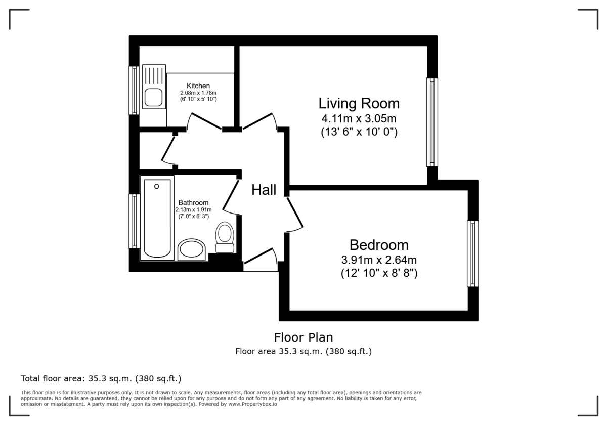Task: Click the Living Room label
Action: (x=359, y=104)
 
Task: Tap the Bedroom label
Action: (x=379, y=245)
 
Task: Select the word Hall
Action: (x=264, y=190)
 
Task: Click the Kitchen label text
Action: (x=198, y=86)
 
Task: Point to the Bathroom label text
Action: (x=193, y=203)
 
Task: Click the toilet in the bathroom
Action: (x=225, y=237)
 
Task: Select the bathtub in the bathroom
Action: (x=157, y=218)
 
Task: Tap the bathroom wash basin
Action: (x=192, y=249)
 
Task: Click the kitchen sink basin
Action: (x=153, y=97)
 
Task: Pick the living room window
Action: (x=432, y=122)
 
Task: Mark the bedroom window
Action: (x=472, y=253)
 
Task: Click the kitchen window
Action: (x=134, y=90)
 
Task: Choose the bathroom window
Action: (x=134, y=221)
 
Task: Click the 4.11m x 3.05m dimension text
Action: (x=359, y=119)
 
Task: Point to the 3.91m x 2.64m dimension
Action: (x=379, y=260)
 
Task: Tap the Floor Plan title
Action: (x=303, y=337)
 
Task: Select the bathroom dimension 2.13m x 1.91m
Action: (x=193, y=210)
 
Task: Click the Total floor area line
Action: (x=101, y=378)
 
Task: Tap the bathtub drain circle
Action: (x=157, y=186)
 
